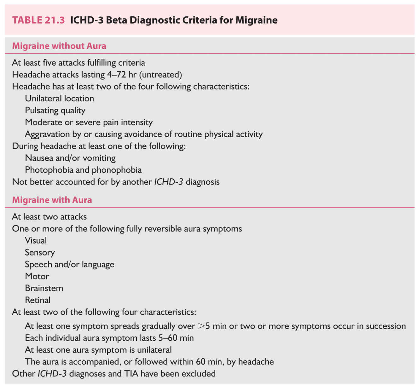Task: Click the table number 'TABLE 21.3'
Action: (x=38, y=20)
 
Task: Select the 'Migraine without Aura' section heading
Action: (x=59, y=46)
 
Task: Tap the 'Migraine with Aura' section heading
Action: (x=52, y=200)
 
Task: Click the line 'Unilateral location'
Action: (x=60, y=98)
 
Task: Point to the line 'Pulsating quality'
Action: (x=55, y=110)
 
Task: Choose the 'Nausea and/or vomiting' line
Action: (x=70, y=158)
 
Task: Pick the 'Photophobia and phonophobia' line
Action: (x=83, y=170)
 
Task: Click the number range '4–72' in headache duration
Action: (x=117, y=75)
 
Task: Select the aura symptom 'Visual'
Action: (x=36, y=241)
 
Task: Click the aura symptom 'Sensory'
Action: (x=40, y=253)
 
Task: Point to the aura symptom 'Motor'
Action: (x=37, y=276)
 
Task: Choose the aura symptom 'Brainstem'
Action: (x=44, y=288)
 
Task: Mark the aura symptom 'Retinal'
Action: (x=38, y=300)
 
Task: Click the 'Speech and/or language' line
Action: (x=70, y=265)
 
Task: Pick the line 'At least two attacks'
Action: (x=49, y=217)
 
